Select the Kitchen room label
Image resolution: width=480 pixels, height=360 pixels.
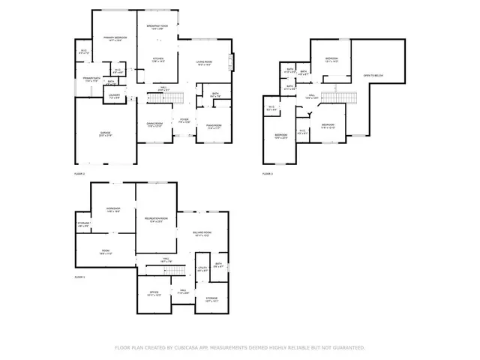[x=158, y=58]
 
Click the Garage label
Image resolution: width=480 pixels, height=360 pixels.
[x=106, y=134]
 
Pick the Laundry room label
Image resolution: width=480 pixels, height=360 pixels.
[x=114, y=96]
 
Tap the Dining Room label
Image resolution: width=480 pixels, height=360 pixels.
[x=155, y=125]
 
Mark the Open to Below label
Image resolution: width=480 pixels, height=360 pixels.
[x=374, y=76]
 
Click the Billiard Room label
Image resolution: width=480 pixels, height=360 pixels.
[x=201, y=234]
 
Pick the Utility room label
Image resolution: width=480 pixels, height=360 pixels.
[x=202, y=268]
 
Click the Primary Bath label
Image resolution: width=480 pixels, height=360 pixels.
[x=91, y=78]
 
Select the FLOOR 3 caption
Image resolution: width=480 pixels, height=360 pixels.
[x=268, y=174]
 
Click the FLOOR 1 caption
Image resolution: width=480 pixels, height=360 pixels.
[x=79, y=277]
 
